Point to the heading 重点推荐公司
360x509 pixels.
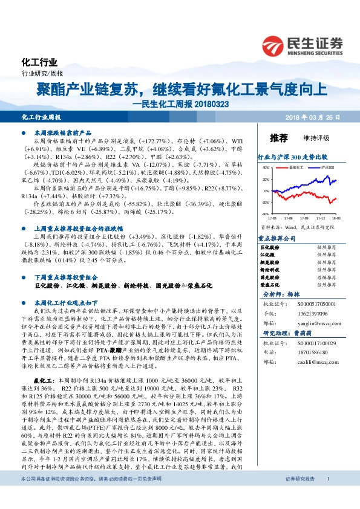pyautogui.click(x=277, y=238)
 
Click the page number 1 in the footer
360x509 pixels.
pyautogui.click(x=327, y=496)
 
